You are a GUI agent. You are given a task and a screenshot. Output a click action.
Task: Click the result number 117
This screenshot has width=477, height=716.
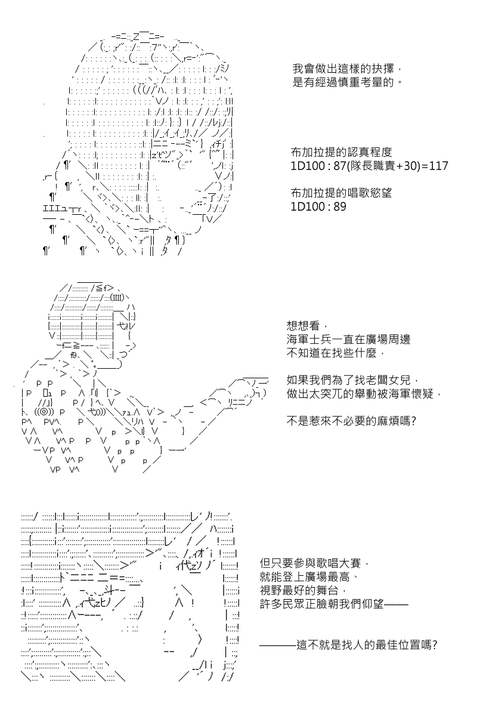pyautogui.click(x=438, y=166)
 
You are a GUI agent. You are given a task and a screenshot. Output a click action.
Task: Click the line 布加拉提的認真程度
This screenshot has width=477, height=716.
pyautogui.click(x=341, y=152)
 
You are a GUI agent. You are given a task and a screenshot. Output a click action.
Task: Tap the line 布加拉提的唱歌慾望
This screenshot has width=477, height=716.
pyautogui.click(x=341, y=193)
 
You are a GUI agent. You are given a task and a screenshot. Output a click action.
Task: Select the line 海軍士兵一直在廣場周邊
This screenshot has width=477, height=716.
pyautogui.click(x=348, y=339)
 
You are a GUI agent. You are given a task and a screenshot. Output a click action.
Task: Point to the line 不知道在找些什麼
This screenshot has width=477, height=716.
pyautogui.click(x=332, y=353)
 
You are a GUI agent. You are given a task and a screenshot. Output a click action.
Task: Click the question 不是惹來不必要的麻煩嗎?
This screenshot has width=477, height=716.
pyautogui.click(x=351, y=421)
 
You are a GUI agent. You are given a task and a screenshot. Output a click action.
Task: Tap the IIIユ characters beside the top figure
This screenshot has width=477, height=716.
pyautogui.click(x=55, y=209)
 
